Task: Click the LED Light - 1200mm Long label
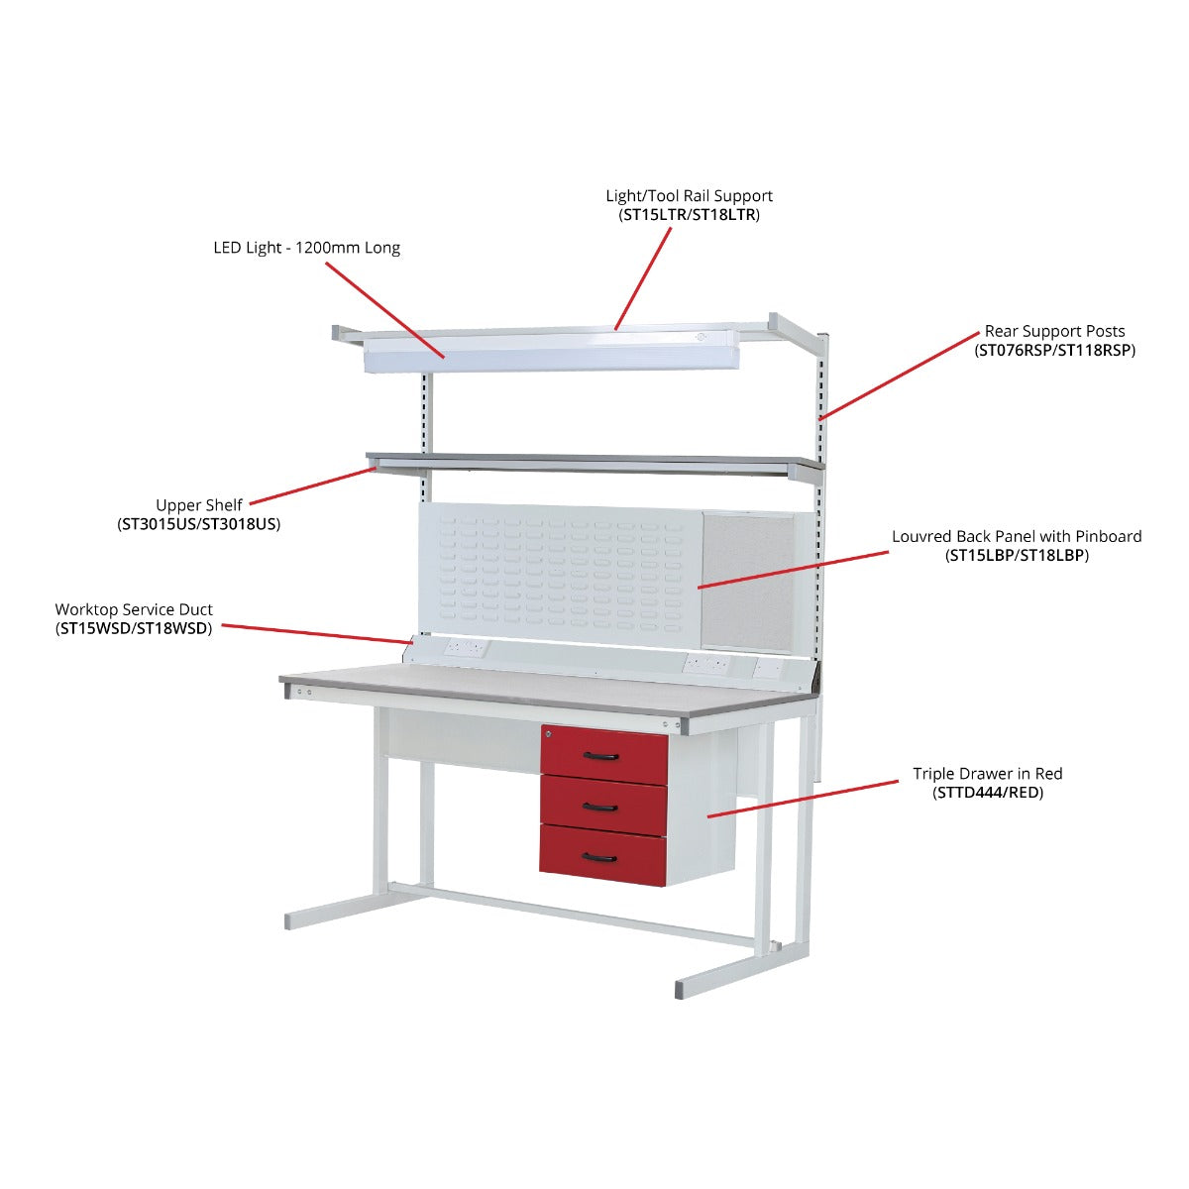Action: coord(306,248)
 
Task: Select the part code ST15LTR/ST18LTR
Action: coord(689,215)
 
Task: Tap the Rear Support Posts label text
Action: coord(1054,331)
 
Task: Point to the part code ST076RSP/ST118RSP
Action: coord(1054,350)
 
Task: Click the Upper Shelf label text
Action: coord(198,505)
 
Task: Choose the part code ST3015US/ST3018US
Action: coord(198,524)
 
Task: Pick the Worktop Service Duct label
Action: coord(134,609)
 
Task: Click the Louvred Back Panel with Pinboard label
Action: coord(1017,536)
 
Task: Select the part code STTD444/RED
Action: coord(987,793)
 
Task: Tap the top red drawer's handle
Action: coord(600,757)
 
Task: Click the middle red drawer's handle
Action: coord(600,808)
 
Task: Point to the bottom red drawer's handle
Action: coord(600,857)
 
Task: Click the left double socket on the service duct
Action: coord(464,648)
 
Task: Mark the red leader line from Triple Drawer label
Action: coord(803,799)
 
